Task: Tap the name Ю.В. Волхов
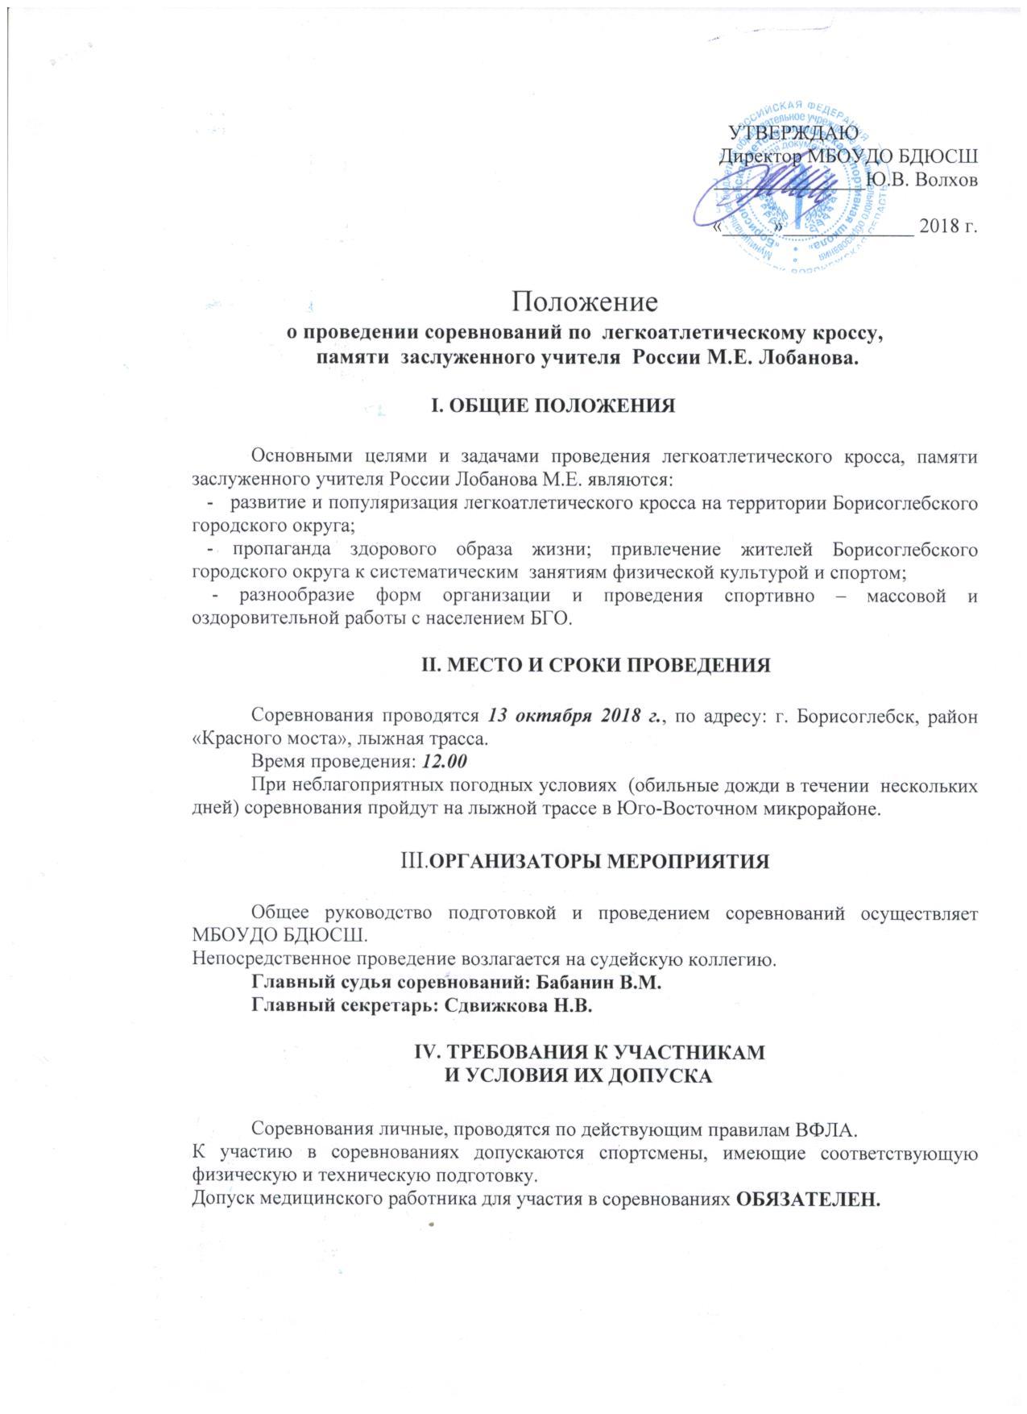[922, 179]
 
